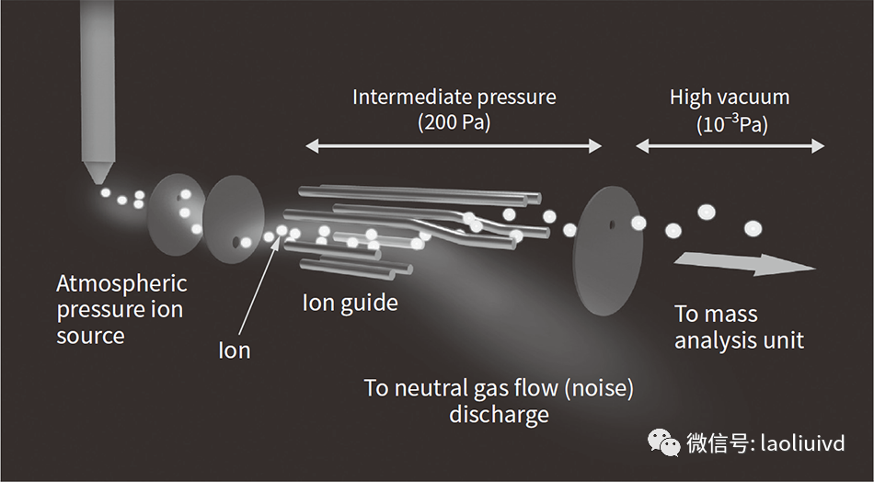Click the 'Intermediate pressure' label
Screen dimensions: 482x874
point(454,97)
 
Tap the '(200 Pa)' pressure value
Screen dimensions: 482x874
point(454,121)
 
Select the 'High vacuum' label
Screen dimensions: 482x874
point(730,98)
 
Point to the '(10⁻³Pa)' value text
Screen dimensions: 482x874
point(731,124)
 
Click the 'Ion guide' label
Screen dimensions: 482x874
point(351,302)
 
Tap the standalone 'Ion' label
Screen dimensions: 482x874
point(234,350)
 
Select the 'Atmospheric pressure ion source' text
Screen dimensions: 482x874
point(121,309)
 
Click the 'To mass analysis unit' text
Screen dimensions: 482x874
point(739,327)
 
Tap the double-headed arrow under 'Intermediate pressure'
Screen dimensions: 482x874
point(454,145)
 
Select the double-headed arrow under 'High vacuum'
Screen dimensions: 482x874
point(730,145)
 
